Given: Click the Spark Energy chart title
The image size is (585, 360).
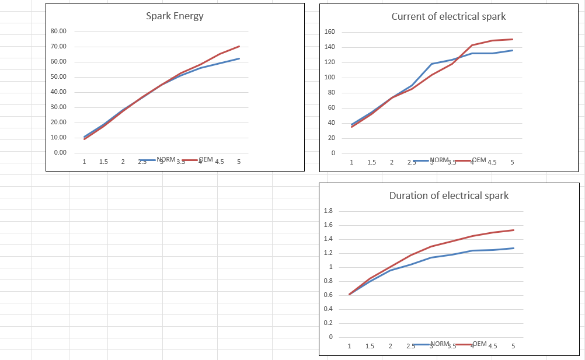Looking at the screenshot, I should coord(175,16).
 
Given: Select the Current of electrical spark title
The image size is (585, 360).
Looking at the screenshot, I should coord(448,16).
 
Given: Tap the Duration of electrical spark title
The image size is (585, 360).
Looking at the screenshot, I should coord(448,195).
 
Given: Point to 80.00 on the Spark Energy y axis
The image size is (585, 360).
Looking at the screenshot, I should coord(59,31).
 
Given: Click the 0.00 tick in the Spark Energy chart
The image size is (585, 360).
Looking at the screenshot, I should coord(60,152).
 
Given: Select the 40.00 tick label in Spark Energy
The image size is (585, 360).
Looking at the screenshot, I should coord(59,92).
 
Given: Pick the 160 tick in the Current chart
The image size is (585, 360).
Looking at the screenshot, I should coord(329,32).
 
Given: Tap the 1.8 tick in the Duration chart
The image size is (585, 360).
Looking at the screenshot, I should coord(328,211).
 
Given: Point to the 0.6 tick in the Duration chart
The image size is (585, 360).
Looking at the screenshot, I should coord(328,295).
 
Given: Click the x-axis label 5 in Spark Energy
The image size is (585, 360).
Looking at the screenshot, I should coord(239,162).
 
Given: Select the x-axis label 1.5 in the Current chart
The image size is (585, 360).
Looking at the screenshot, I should coord(371,163).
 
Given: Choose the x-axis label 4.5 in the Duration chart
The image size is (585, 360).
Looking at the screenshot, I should coord(493,345).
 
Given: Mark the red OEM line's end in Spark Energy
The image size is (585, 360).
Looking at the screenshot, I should coord(239,46).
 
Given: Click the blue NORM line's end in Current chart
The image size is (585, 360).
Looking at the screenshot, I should coord(513,50).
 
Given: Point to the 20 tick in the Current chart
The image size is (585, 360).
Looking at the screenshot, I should coord(331,138).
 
